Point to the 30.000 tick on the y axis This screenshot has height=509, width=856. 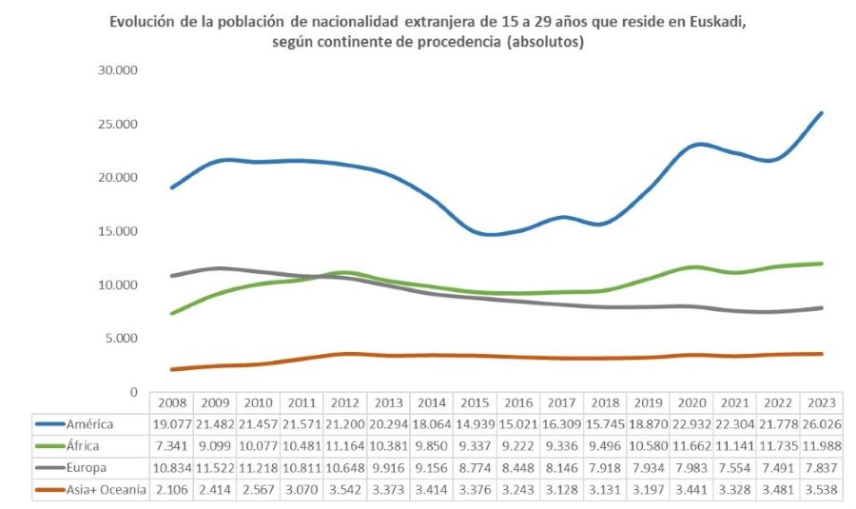point(119,70)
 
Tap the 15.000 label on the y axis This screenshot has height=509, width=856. point(119,231)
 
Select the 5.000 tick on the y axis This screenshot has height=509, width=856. point(123,338)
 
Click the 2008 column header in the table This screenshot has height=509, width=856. point(171,402)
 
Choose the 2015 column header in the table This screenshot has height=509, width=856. point(476,402)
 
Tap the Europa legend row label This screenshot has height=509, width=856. point(88,468)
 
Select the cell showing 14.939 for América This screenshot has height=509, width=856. point(476,423)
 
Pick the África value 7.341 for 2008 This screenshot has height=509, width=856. point(171,445)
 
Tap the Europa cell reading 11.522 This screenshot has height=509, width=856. point(215,468)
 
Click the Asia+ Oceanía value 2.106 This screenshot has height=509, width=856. point(171,490)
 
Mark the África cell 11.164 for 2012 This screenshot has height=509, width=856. point(345,445)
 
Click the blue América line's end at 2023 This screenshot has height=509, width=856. point(822,112)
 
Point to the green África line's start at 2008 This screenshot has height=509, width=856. point(171,313)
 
